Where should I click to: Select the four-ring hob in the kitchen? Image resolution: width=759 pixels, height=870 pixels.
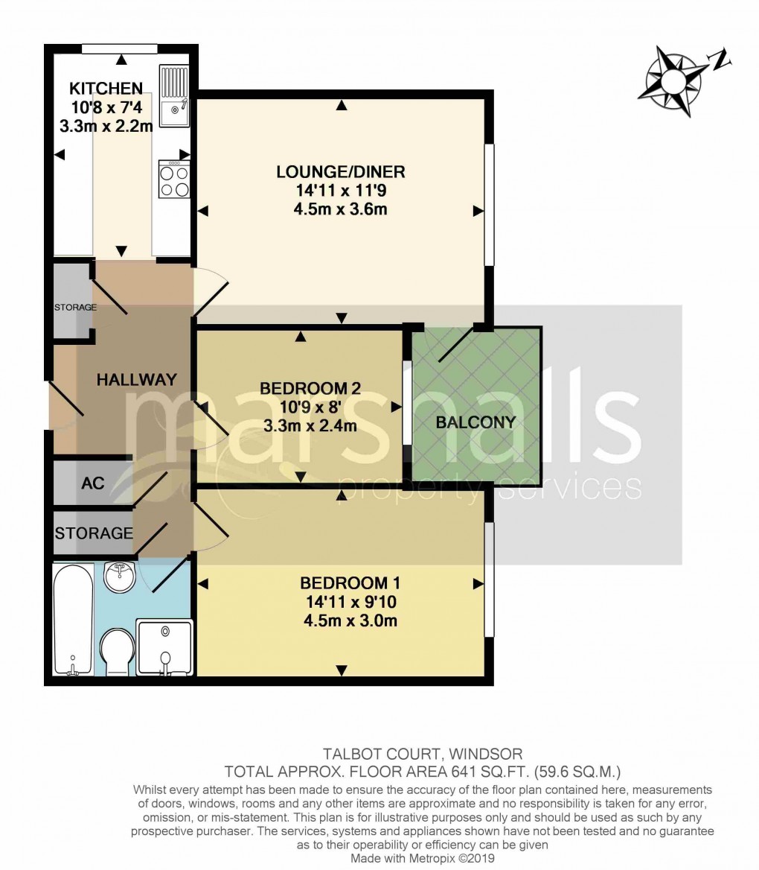(174, 179)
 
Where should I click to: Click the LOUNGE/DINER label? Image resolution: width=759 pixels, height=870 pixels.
(341, 172)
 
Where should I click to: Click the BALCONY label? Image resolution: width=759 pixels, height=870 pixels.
(475, 422)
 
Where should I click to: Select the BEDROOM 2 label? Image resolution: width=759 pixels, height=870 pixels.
(310, 388)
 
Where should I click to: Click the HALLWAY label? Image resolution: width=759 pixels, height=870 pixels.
(137, 379)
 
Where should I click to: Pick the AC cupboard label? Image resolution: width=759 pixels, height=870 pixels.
(92, 483)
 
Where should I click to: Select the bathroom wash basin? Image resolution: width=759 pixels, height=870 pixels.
(118, 576)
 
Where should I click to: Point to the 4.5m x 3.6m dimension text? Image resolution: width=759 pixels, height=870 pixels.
(341, 209)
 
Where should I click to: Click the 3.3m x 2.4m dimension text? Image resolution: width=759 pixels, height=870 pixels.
(310, 426)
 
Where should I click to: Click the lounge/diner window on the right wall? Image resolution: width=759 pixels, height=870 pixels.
(489, 205)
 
